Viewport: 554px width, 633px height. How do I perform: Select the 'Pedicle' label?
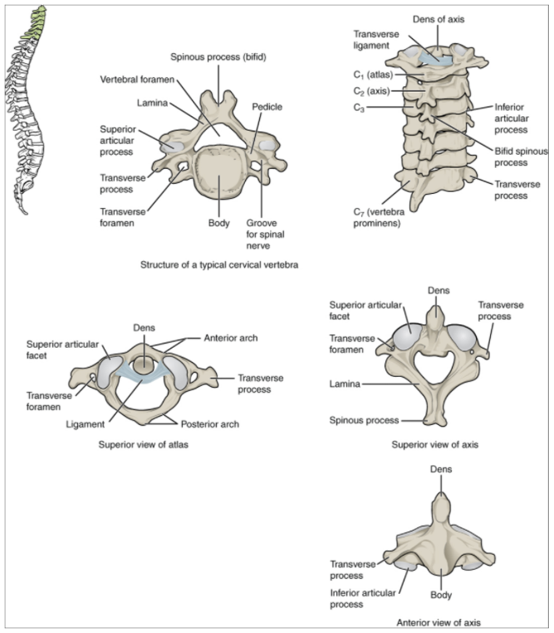267,107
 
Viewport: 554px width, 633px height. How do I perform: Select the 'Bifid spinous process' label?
519,157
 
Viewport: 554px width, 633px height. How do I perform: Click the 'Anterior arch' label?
230,338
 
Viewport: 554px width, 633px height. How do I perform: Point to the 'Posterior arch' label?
209,425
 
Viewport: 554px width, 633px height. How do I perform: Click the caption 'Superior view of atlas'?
143,444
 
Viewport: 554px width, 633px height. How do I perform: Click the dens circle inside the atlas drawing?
146,365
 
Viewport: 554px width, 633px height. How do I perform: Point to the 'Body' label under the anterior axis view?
441,595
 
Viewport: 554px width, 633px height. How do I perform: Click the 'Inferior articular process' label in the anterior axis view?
362,598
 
